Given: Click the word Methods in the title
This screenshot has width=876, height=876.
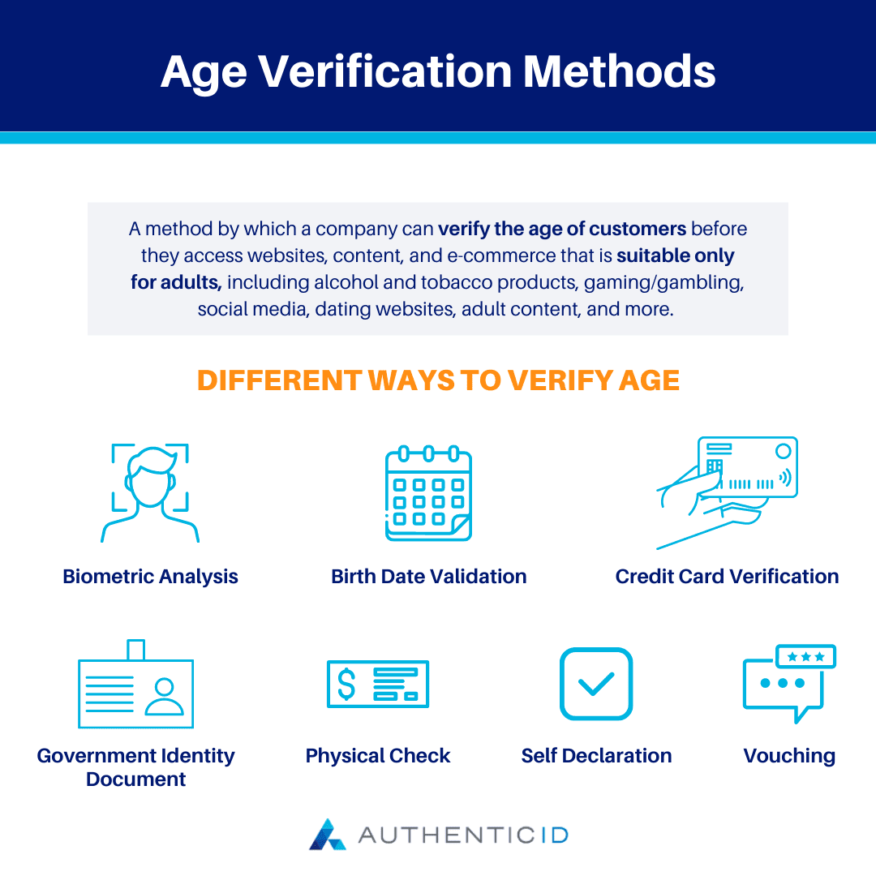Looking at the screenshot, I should (620, 71).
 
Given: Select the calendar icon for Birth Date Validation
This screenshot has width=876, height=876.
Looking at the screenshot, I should (428, 492).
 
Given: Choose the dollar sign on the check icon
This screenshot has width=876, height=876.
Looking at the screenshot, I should (346, 684).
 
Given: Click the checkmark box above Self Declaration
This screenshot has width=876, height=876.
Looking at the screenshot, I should (596, 684).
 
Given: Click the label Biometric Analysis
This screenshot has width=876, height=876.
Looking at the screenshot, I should (150, 577).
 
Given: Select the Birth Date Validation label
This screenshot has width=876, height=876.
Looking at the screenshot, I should (428, 577).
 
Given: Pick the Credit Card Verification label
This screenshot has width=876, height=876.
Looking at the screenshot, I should (727, 577).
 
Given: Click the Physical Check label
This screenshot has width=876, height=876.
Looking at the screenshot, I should (377, 756).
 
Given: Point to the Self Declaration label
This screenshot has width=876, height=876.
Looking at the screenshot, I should (596, 756).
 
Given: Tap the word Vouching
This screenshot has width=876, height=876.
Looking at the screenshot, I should (789, 756).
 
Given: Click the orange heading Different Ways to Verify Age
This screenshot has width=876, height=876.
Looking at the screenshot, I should (438, 380).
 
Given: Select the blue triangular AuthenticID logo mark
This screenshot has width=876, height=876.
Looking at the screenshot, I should (327, 835).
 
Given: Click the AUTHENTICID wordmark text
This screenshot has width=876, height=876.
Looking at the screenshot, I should (463, 835).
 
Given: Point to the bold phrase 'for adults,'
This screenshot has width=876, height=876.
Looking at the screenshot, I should (176, 282).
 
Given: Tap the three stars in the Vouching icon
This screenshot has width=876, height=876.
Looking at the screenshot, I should (805, 656).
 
